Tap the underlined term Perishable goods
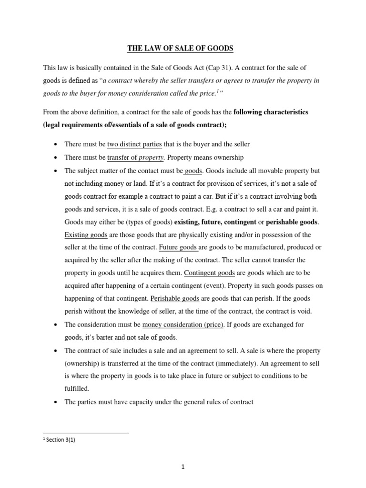coord(174,299)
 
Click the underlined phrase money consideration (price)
coord(183,325)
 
